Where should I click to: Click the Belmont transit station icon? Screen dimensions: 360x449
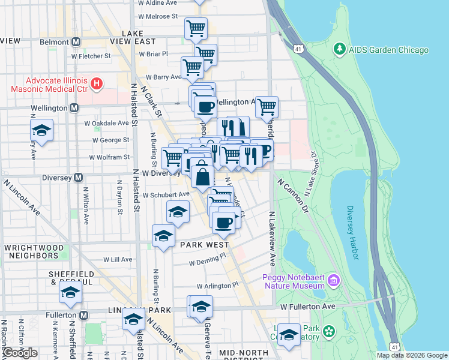[76, 42]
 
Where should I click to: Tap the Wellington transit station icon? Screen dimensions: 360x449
[74, 108]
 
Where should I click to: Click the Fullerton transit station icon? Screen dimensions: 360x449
[83, 315]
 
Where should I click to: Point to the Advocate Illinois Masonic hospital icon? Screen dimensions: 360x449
[95, 85]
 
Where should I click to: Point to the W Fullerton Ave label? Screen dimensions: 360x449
[307, 307]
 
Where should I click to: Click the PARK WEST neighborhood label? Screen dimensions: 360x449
[203, 245]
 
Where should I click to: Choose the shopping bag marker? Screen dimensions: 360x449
[203, 176]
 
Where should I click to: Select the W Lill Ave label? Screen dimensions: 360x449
[118, 260]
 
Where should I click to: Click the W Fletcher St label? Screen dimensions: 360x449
[91, 56]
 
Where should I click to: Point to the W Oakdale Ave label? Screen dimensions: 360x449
[106, 123]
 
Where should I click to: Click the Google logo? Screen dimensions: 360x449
[20, 352]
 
